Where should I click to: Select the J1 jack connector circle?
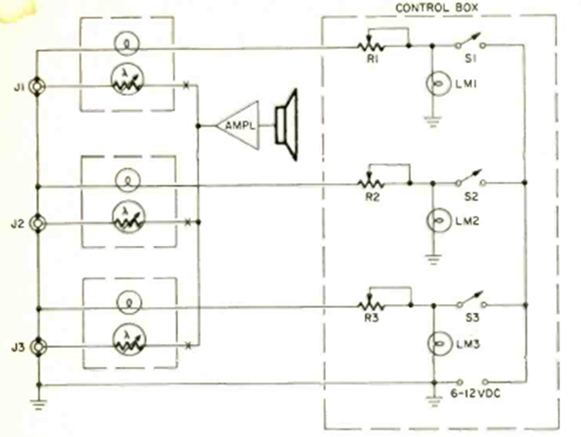[38, 87]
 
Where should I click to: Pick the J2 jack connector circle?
[38, 222]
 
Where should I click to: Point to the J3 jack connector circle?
[38, 347]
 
